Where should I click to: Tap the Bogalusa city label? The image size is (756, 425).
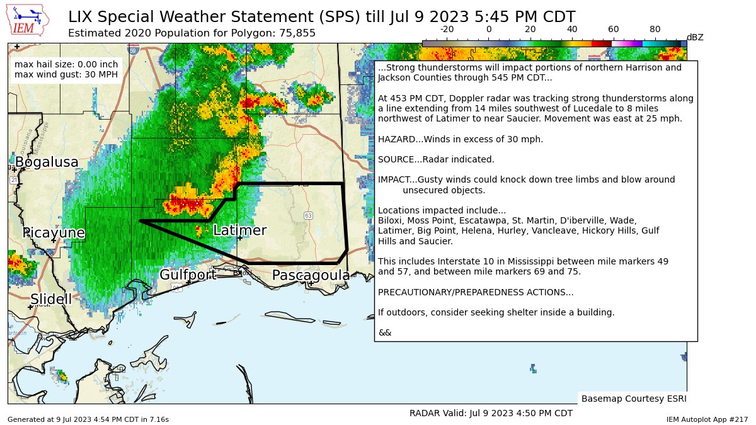[47, 162]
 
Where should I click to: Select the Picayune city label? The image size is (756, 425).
[54, 233]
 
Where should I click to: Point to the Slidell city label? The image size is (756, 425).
[51, 299]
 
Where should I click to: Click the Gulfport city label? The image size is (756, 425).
[188, 275]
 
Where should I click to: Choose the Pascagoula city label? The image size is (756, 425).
[311, 275]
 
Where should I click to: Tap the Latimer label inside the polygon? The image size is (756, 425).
[239, 230]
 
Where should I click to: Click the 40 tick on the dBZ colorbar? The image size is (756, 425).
[572, 29]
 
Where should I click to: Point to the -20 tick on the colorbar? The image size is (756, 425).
[447, 29]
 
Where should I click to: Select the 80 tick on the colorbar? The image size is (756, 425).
[655, 29]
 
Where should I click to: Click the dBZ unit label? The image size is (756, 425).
[695, 37]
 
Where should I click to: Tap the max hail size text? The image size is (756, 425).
[66, 64]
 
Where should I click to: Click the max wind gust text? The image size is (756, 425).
[66, 75]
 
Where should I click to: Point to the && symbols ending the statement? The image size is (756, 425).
[384, 332]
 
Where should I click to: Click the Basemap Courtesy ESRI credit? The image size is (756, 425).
[633, 399]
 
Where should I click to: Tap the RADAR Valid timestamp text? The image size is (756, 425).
[491, 414]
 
